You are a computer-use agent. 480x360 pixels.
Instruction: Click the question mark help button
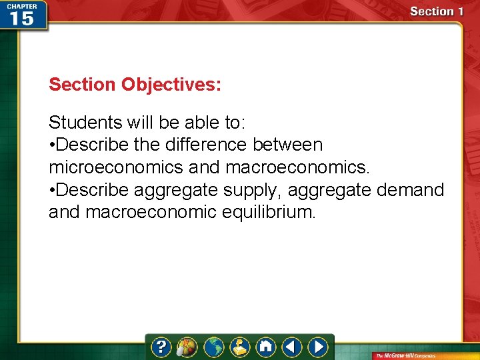tap(161, 347)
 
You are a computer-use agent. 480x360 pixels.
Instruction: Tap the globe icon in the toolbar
tap(214, 347)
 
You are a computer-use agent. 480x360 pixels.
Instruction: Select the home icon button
tap(266, 347)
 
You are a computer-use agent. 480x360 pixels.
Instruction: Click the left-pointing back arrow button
tap(291, 347)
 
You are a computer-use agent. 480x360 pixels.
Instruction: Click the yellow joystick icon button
tap(240, 347)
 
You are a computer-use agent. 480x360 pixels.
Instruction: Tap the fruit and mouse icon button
tap(187, 347)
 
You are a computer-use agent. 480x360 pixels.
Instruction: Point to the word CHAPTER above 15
tap(21, 5)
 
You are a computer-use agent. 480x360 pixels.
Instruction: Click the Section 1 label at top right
tap(437, 11)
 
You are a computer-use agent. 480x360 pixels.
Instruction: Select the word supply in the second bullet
tap(250, 190)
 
